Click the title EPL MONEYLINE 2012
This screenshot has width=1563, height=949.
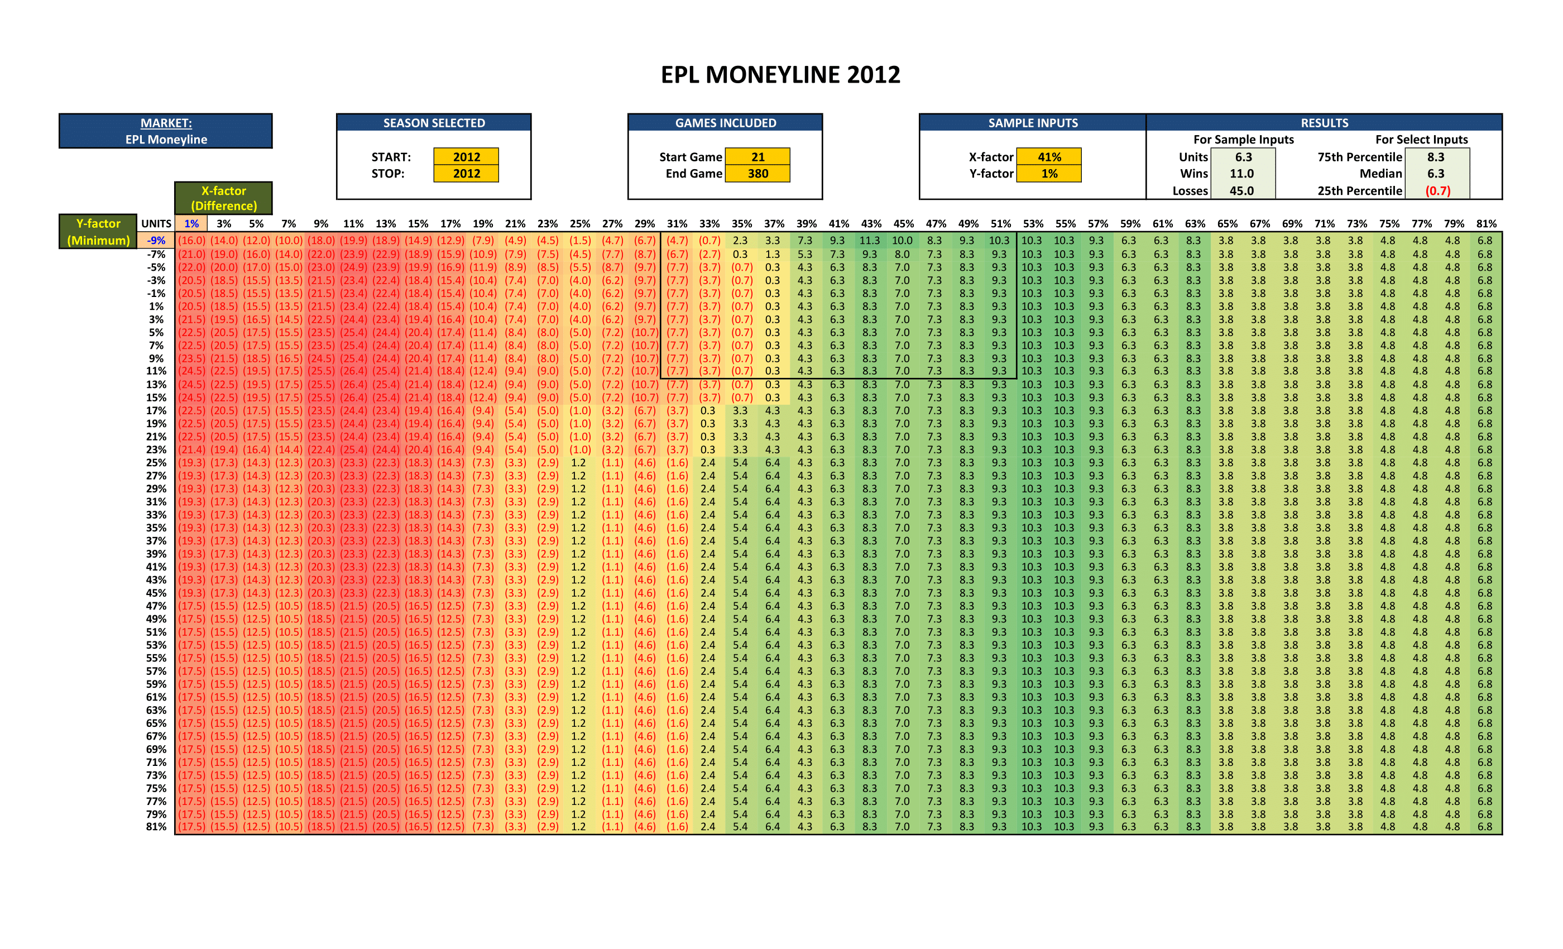tap(780, 75)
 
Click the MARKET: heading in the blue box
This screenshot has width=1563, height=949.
tap(166, 123)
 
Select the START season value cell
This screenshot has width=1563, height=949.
tap(466, 157)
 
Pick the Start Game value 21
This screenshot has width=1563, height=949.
tap(757, 157)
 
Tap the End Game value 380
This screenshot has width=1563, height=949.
tap(757, 173)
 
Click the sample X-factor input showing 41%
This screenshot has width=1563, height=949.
tap(1049, 157)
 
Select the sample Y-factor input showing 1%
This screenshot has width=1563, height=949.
tap(1049, 173)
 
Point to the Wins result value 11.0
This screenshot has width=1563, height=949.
tap(1241, 173)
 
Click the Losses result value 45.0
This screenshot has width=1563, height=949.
tap(1241, 190)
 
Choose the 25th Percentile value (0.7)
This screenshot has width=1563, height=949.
tap(1437, 190)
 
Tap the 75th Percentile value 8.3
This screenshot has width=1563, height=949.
tap(1436, 157)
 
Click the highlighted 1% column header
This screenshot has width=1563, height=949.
tap(191, 223)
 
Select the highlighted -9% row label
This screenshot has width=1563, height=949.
tap(156, 241)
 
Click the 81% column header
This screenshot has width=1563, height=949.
tap(1486, 223)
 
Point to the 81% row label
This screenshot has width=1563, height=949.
tap(156, 827)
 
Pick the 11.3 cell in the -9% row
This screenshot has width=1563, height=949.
tap(870, 241)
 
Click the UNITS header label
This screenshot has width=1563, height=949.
tap(156, 223)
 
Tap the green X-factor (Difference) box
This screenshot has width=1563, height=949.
tap(224, 198)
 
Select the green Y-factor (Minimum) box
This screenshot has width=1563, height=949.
tap(98, 232)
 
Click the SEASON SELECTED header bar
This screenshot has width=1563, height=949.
tap(434, 123)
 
